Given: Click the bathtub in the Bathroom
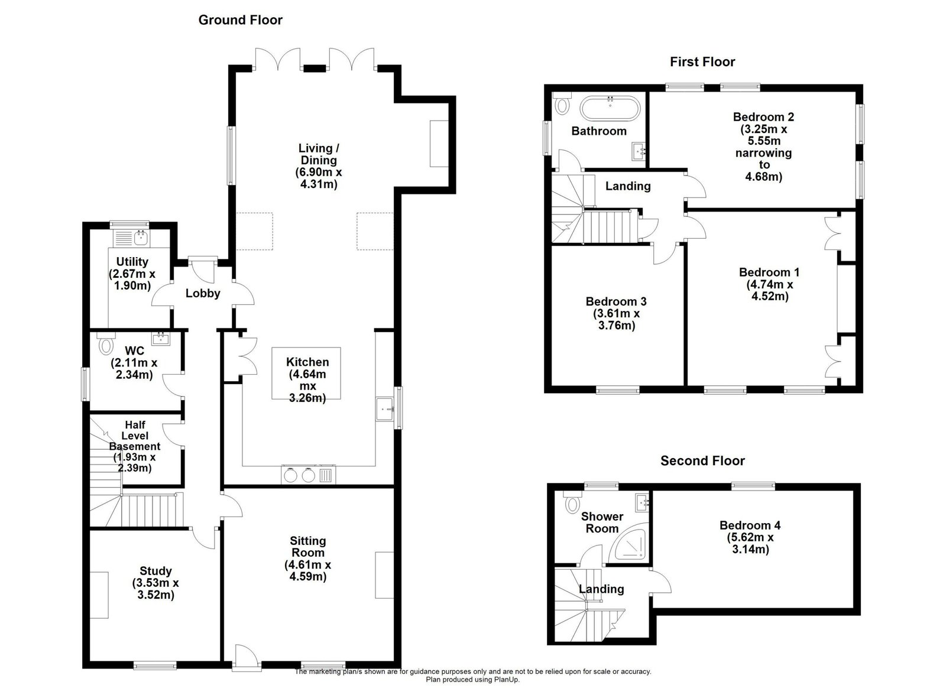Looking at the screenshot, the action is pyautogui.click(x=610, y=109).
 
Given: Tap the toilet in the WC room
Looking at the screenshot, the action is pyautogui.click(x=106, y=343).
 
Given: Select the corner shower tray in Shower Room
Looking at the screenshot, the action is pyautogui.click(x=630, y=544).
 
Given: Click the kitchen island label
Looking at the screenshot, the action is pyautogui.click(x=307, y=380).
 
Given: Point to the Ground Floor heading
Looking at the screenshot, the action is pyautogui.click(x=240, y=20).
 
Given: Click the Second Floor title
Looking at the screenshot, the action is pyautogui.click(x=702, y=460).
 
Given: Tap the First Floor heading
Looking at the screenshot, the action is pyautogui.click(x=702, y=61).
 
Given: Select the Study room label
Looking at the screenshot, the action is pyautogui.click(x=155, y=583).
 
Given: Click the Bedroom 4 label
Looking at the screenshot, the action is pyautogui.click(x=750, y=537).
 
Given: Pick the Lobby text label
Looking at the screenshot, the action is pyautogui.click(x=203, y=293).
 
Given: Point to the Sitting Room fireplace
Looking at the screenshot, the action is pyautogui.click(x=384, y=575).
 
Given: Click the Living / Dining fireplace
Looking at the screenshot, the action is pyautogui.click(x=439, y=144).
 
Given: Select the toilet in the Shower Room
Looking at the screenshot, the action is pyautogui.click(x=572, y=502).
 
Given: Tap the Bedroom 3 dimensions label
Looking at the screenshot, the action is pyautogui.click(x=616, y=320).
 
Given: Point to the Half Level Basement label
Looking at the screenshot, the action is pyautogui.click(x=135, y=446).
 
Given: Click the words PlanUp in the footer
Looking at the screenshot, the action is pyautogui.click(x=506, y=680).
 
